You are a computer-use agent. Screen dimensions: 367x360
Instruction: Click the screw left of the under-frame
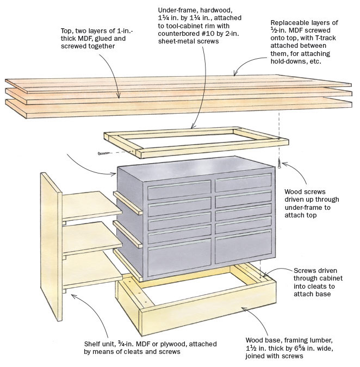[102, 154]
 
